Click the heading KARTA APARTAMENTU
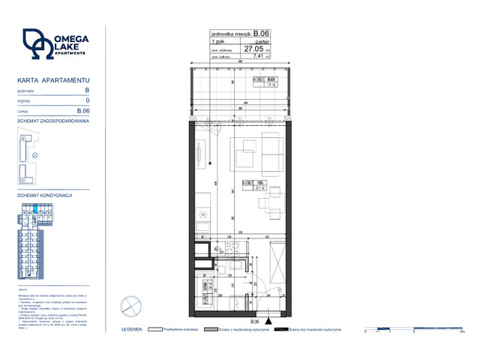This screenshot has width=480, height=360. (53, 79)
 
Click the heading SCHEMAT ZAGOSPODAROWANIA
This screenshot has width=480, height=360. (53, 120)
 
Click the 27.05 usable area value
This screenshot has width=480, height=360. (253, 47)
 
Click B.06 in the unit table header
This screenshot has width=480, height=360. (261, 33)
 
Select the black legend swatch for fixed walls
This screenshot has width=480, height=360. (280, 329)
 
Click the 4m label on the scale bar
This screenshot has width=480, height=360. (463, 331)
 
